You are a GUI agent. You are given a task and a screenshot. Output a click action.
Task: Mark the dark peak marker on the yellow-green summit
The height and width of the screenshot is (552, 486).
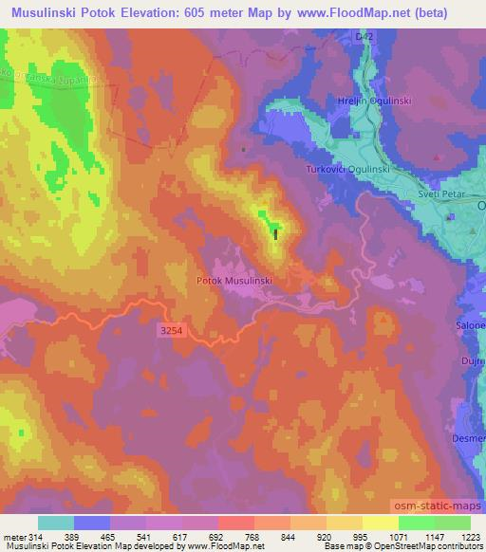pyautogui.click(x=276, y=232)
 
